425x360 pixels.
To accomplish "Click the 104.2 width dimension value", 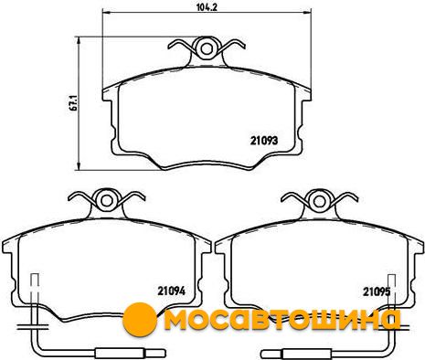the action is point(207,7).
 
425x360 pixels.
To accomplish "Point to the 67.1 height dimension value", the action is point(73,103).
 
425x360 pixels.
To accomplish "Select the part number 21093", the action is point(264,141).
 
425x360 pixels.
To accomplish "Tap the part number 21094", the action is point(171,291).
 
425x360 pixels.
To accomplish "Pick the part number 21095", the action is point(377,292).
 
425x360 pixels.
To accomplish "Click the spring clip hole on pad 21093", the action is point(207,48).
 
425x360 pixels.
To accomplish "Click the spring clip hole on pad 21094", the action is point(107,200).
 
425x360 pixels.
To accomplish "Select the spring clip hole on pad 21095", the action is point(319,201).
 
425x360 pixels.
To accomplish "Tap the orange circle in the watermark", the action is point(140,319).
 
